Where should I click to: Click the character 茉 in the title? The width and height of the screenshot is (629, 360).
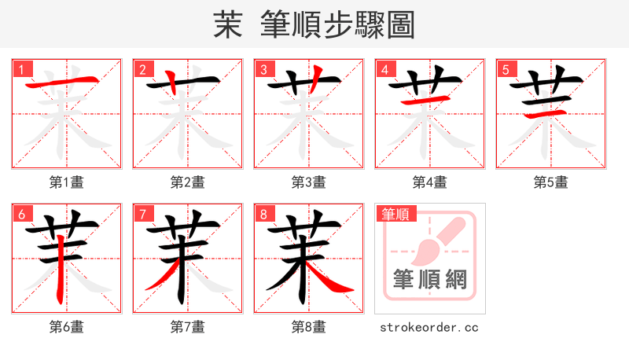(x=227, y=24)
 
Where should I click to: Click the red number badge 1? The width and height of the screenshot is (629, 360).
(x=21, y=69)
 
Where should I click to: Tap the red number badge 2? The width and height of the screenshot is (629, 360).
(x=142, y=69)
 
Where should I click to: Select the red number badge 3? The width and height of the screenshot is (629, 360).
(x=263, y=69)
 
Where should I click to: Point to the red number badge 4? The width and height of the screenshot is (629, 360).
(x=384, y=69)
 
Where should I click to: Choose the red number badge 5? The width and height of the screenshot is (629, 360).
(x=506, y=69)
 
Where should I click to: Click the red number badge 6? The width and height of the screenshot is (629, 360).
(x=21, y=214)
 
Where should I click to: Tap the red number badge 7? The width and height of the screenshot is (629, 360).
(x=142, y=214)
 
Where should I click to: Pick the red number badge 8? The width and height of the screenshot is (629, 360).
(x=263, y=214)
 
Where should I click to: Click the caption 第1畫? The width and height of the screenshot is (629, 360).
(x=67, y=182)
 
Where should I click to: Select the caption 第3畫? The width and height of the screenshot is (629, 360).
(x=309, y=182)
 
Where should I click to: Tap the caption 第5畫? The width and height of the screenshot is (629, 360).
(x=551, y=182)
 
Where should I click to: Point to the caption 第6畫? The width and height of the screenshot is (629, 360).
(x=67, y=327)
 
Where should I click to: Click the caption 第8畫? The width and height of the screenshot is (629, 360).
(x=309, y=327)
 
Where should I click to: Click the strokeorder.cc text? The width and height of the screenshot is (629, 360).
(x=429, y=327)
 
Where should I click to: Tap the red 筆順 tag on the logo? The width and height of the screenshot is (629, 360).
(x=395, y=214)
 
